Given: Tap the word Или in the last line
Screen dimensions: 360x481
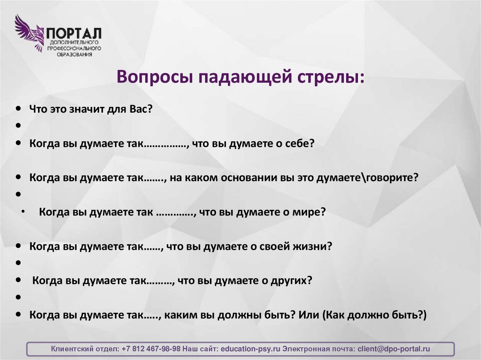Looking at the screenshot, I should click(309, 314).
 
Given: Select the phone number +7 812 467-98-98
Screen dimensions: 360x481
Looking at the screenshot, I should click(151, 349).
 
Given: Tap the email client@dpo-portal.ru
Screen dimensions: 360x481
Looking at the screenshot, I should click(394, 349).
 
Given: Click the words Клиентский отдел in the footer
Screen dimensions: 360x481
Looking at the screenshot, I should click(85, 349).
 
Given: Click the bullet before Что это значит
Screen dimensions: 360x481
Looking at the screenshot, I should click(18, 108).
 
